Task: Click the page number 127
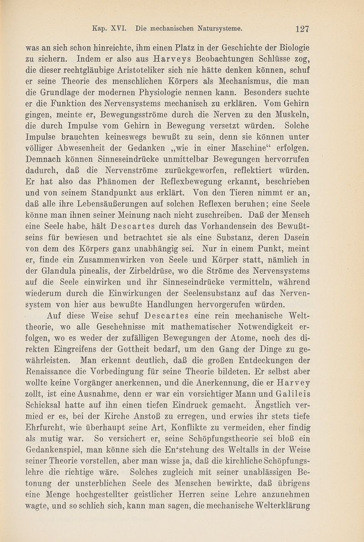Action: point(302,29)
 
